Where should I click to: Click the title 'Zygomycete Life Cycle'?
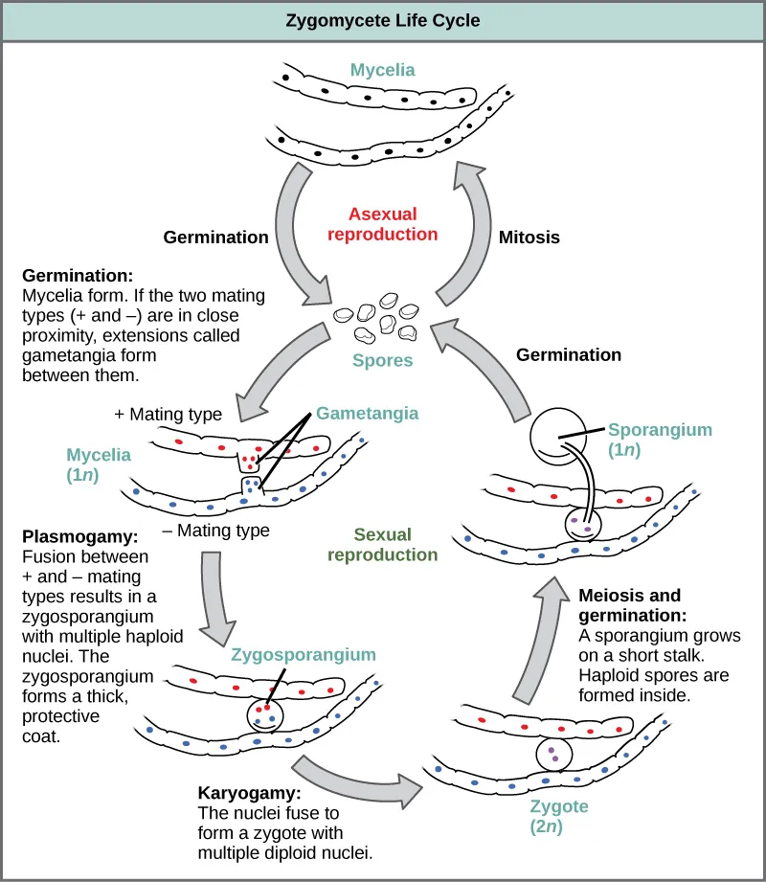tap(383, 20)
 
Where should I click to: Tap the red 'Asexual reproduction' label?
tap(382, 224)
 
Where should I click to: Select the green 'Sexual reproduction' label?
tap(382, 545)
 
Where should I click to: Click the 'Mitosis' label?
tap(529, 237)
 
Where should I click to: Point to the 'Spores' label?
tap(383, 361)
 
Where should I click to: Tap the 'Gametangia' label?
tap(367, 413)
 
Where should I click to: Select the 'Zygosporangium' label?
tap(303, 655)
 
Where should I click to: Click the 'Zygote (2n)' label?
tap(558, 816)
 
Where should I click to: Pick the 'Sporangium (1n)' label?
tap(660, 440)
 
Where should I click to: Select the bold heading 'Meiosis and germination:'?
tap(643, 605)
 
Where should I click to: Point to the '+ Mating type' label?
tap(169, 415)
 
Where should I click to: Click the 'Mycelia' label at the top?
tap(382, 70)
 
